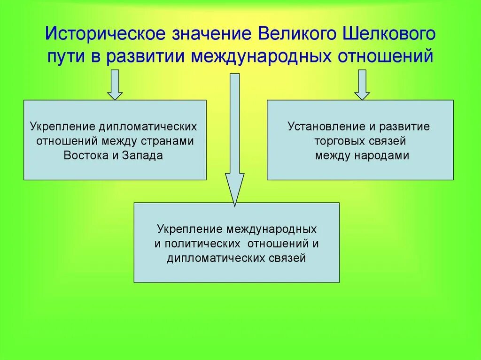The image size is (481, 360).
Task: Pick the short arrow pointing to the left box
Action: point(115,84)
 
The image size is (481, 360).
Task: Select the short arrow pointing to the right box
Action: point(361,84)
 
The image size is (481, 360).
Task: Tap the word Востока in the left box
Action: point(86,156)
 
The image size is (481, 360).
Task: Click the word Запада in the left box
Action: point(143,156)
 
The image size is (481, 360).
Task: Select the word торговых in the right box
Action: point(335,141)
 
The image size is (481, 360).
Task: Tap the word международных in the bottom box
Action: point(272,230)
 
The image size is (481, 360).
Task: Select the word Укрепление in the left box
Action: point(62,127)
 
